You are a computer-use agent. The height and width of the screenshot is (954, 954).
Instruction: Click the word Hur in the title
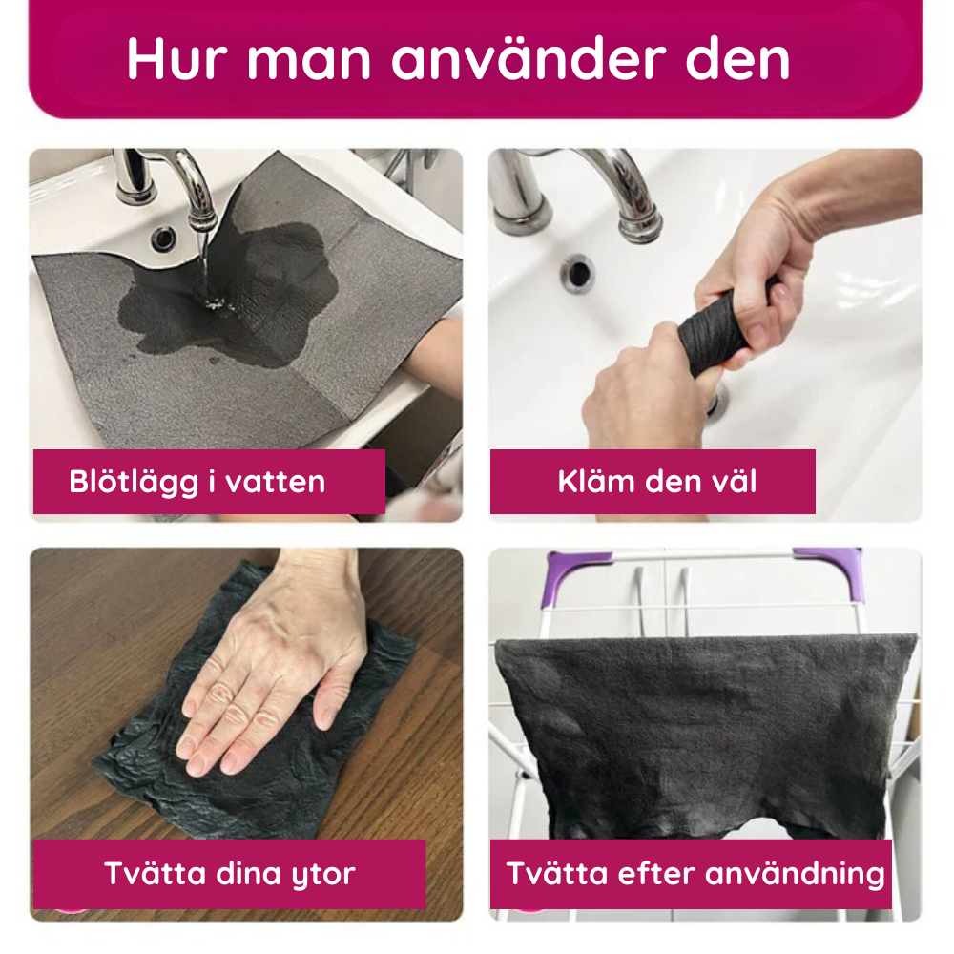coord(175,59)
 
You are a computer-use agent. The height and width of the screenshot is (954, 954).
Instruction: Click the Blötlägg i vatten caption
coord(197,482)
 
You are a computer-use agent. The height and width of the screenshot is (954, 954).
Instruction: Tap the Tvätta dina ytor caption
coord(229,873)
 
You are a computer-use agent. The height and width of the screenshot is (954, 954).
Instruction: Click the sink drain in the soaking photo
coord(165,234)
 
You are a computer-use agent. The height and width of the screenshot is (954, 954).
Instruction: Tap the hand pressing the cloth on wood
coord(277,658)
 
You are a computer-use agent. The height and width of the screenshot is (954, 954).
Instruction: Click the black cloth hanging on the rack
coord(696,725)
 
